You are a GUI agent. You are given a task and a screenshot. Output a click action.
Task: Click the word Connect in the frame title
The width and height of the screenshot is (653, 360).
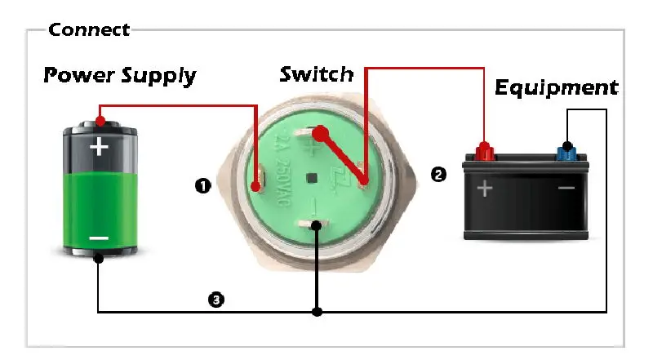tap(89, 30)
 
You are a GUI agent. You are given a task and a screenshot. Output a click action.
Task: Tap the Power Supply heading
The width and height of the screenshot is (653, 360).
tap(119, 76)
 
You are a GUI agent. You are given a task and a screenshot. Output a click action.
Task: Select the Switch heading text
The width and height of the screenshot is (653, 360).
tap(317, 74)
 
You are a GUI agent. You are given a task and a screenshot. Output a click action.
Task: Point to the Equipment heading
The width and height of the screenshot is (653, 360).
tap(557, 87)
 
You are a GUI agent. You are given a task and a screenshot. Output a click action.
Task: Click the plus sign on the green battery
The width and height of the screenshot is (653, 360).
tap(99, 147)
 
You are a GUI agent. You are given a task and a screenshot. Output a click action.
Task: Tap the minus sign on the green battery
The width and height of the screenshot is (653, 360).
tap(99, 238)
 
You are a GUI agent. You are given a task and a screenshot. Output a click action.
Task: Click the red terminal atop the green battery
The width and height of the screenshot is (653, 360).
tap(99, 122)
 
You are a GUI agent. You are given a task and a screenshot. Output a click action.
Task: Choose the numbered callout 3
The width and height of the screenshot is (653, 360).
tap(215, 300)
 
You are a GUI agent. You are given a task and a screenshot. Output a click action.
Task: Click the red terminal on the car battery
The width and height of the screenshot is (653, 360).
tap(485, 151)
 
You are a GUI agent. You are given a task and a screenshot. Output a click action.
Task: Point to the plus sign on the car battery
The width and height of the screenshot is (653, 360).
tap(485, 189)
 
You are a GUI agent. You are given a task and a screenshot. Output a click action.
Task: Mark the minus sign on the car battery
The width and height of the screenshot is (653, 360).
tap(566, 189)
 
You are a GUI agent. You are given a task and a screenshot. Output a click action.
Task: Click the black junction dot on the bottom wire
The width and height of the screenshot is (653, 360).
tap(318, 312)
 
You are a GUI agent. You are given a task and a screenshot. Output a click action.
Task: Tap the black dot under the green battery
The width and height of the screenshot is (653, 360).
tap(98, 259)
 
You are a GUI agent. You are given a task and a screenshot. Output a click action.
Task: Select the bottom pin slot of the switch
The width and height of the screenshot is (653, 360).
tap(314, 225)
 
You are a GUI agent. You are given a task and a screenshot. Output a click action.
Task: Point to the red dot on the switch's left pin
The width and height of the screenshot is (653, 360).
tap(256, 189)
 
